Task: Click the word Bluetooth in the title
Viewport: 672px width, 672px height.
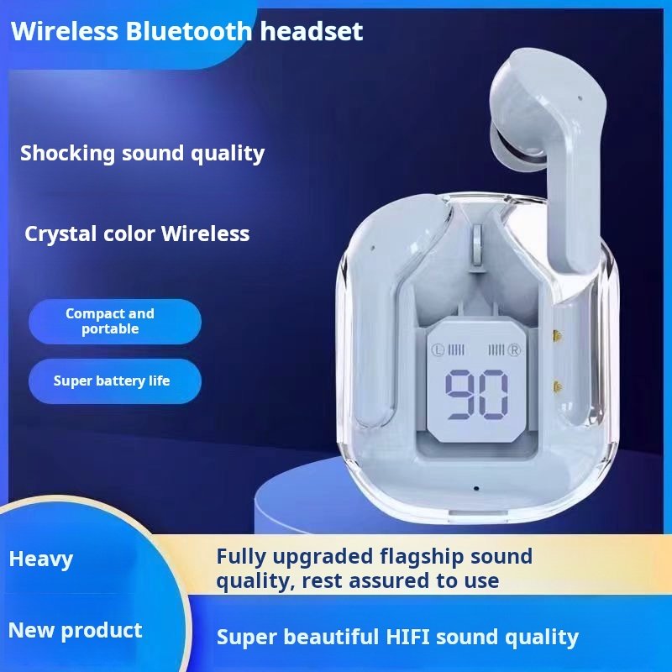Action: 188,31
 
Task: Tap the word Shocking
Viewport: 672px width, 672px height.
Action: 67,154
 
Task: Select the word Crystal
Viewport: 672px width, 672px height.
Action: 60,234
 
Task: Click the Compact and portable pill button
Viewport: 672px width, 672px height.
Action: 115,322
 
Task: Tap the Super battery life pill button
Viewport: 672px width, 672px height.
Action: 115,381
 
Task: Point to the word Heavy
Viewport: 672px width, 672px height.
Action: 41,559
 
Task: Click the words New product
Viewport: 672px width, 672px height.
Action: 76,631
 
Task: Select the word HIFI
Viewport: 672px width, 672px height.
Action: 407,637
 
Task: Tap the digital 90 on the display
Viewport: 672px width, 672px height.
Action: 476,395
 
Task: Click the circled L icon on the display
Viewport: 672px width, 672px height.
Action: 438,350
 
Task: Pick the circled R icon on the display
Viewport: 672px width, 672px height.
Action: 514,350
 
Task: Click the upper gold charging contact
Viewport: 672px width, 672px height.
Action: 558,335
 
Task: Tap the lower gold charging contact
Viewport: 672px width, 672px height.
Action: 558,387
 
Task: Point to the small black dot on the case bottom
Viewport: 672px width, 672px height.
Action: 476,488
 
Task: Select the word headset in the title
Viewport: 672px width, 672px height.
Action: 312,31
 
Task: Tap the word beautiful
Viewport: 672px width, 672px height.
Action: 334,637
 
